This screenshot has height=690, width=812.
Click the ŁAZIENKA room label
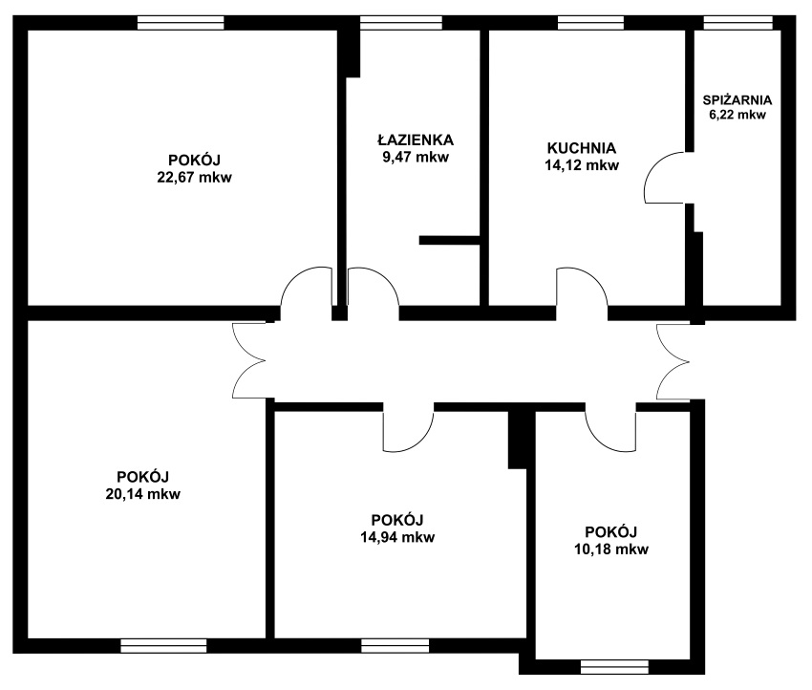tap(416, 140)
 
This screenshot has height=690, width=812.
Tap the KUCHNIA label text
tap(582, 148)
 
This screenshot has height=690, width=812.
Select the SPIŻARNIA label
tap(737, 99)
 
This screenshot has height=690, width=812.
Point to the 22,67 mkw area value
tap(194, 177)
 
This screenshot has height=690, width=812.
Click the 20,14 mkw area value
tap(143, 494)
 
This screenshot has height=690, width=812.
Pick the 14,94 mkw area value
tap(397, 537)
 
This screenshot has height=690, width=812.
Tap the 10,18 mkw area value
tap(611, 549)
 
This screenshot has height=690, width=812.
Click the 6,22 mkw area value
tap(737, 115)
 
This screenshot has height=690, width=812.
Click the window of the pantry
tap(737, 23)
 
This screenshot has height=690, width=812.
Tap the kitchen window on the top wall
tap(591, 23)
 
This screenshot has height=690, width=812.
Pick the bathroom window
tap(401, 23)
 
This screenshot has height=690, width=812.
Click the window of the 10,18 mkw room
tap(614, 667)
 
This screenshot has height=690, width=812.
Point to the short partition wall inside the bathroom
tap(450, 240)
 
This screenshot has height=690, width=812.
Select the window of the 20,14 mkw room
tap(163, 646)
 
